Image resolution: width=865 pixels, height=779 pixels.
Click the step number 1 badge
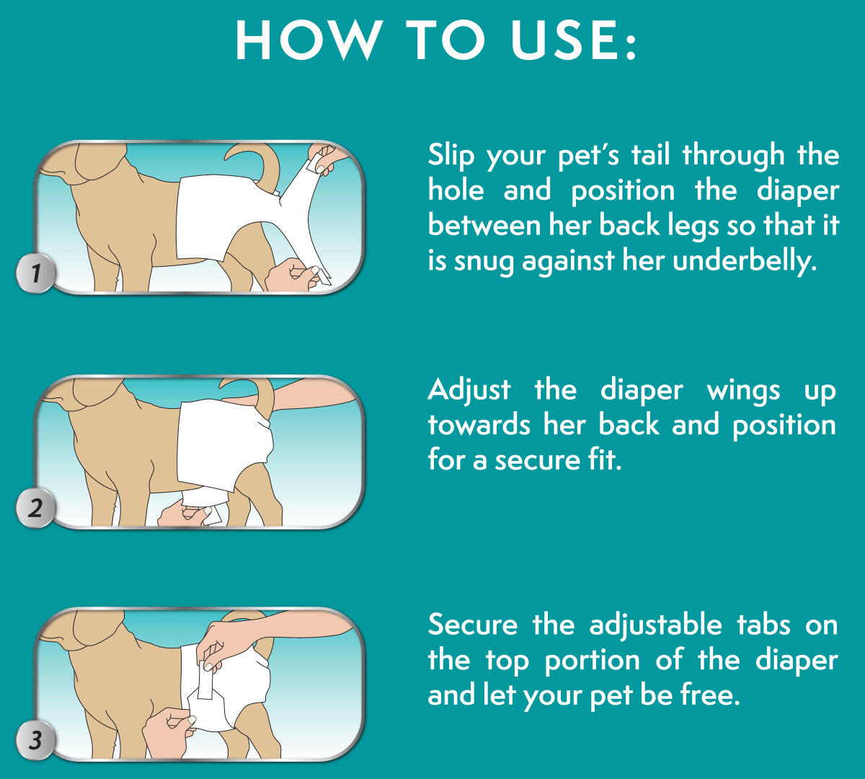tap(35, 273)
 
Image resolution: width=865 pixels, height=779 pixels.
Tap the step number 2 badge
tap(35, 508)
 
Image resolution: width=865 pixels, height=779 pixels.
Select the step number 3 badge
tap(35, 740)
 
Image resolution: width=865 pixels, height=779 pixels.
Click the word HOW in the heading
tap(309, 40)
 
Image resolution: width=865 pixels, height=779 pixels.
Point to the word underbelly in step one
tap(745, 262)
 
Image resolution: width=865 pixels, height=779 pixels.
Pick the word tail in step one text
tap(651, 155)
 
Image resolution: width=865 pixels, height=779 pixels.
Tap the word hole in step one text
tap(456, 190)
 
